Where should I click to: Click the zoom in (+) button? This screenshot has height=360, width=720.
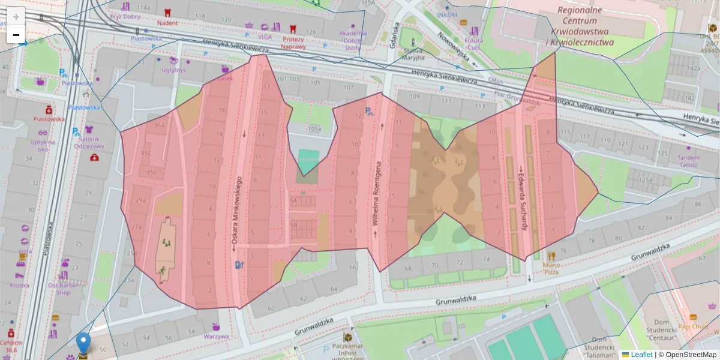point(16,17)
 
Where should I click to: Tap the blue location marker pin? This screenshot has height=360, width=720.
point(83,343)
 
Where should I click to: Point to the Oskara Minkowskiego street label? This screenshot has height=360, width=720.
point(236,213)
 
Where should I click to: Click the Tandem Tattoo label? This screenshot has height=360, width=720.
point(688,161)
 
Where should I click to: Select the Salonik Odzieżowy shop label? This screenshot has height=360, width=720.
point(89,142)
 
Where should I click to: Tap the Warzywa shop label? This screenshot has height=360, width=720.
point(215,336)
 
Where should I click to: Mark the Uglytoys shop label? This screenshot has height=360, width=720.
point(173,69)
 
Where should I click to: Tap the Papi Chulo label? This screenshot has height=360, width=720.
point(693,326)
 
